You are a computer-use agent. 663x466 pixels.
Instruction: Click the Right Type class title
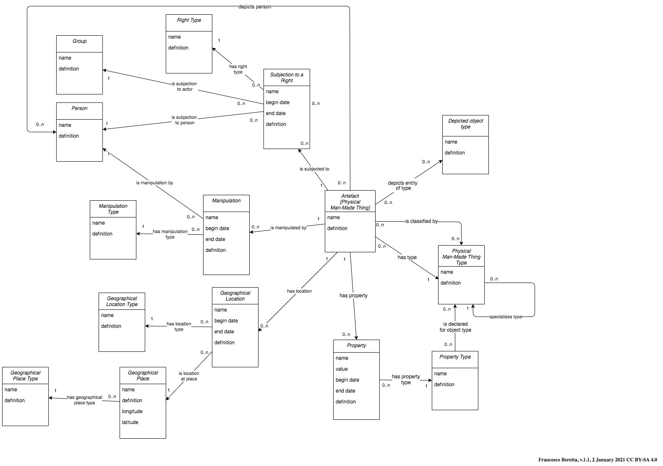click(x=189, y=20)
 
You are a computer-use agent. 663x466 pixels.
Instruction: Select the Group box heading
click(x=79, y=41)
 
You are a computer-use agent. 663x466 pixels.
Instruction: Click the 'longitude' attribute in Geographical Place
click(x=132, y=411)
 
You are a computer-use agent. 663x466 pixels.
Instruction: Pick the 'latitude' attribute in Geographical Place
click(x=130, y=422)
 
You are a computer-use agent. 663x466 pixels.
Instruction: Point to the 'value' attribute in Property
click(x=342, y=369)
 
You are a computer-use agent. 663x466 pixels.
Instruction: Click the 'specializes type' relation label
click(x=506, y=317)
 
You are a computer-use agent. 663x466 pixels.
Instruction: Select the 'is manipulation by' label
click(x=154, y=183)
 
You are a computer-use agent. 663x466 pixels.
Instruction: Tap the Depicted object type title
click(x=465, y=124)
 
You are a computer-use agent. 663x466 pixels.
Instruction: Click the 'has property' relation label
click(x=353, y=296)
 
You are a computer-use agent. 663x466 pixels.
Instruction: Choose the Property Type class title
click(x=455, y=357)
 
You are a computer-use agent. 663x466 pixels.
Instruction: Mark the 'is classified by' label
click(x=421, y=221)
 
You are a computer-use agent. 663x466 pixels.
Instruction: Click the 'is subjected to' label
click(x=314, y=169)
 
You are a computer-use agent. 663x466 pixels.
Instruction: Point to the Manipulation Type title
click(x=113, y=209)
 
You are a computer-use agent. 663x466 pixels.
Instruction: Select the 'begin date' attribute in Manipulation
click(x=217, y=228)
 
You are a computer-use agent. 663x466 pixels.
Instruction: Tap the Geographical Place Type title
click(x=25, y=376)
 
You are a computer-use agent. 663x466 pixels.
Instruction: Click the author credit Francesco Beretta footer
click(x=598, y=460)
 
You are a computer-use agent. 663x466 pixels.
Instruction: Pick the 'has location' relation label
click(x=299, y=291)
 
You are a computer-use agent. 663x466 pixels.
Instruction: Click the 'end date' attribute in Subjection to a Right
click(x=276, y=113)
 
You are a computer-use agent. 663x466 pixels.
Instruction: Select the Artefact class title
click(x=350, y=202)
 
